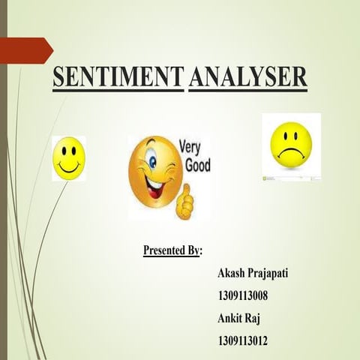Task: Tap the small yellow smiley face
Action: [68, 157]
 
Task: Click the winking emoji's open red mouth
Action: [154, 184]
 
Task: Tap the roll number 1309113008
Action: [242, 295]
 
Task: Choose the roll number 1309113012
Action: [242, 341]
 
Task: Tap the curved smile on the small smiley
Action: [68, 167]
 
